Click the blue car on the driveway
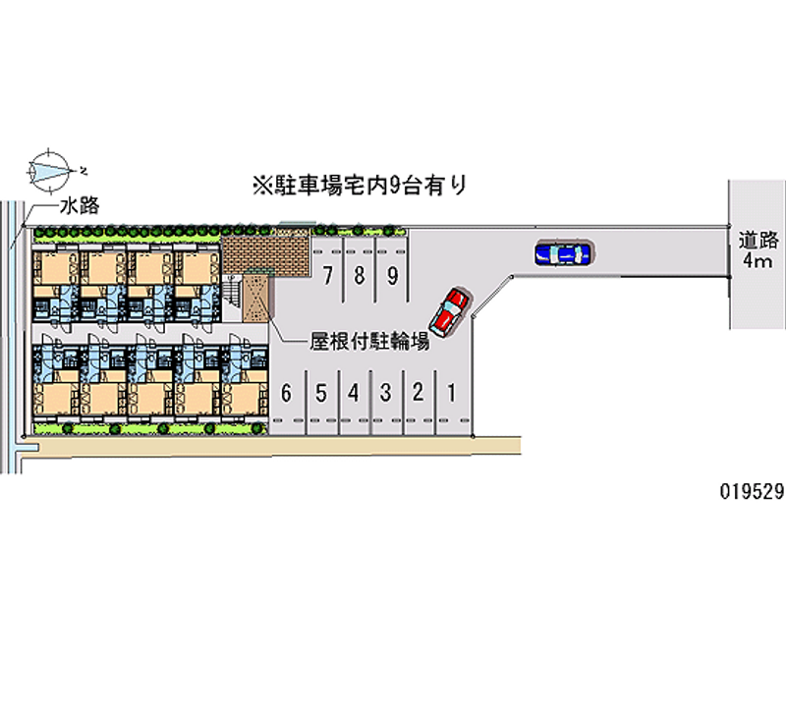(563, 253)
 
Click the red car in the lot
(449, 312)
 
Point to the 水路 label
(80, 206)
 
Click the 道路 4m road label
(758, 250)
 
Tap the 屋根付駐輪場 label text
(369, 342)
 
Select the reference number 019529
(752, 491)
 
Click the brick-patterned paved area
(264, 254)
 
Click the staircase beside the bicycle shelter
(233, 291)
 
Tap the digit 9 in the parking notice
(395, 186)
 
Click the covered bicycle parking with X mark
(256, 298)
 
